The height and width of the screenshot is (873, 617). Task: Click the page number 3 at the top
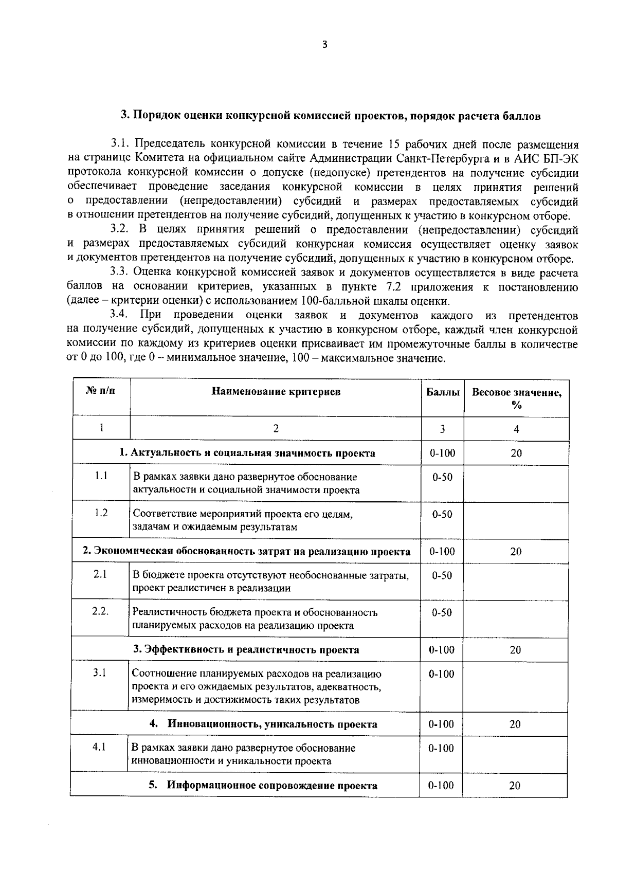tap(324, 45)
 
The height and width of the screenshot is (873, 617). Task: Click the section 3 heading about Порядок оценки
tap(330, 116)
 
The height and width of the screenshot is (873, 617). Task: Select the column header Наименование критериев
tap(276, 392)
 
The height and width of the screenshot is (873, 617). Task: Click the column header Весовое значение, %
tap(517, 398)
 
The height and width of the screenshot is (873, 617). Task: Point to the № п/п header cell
tap(101, 391)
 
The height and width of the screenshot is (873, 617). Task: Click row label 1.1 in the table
tap(101, 476)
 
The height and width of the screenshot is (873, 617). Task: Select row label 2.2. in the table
tap(100, 612)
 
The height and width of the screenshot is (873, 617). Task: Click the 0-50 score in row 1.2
tap(442, 514)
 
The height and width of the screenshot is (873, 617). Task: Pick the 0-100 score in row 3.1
tap(442, 674)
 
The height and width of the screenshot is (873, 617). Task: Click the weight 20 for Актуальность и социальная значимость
tap(516, 453)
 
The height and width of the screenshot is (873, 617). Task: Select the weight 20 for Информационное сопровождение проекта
tap(515, 786)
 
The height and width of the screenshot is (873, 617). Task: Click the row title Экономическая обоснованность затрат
tap(247, 552)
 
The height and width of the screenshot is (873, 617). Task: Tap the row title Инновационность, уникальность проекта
tap(272, 724)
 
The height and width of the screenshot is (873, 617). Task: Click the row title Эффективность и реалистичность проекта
tap(246, 650)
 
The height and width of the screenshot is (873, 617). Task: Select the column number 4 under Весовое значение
tap(516, 429)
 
